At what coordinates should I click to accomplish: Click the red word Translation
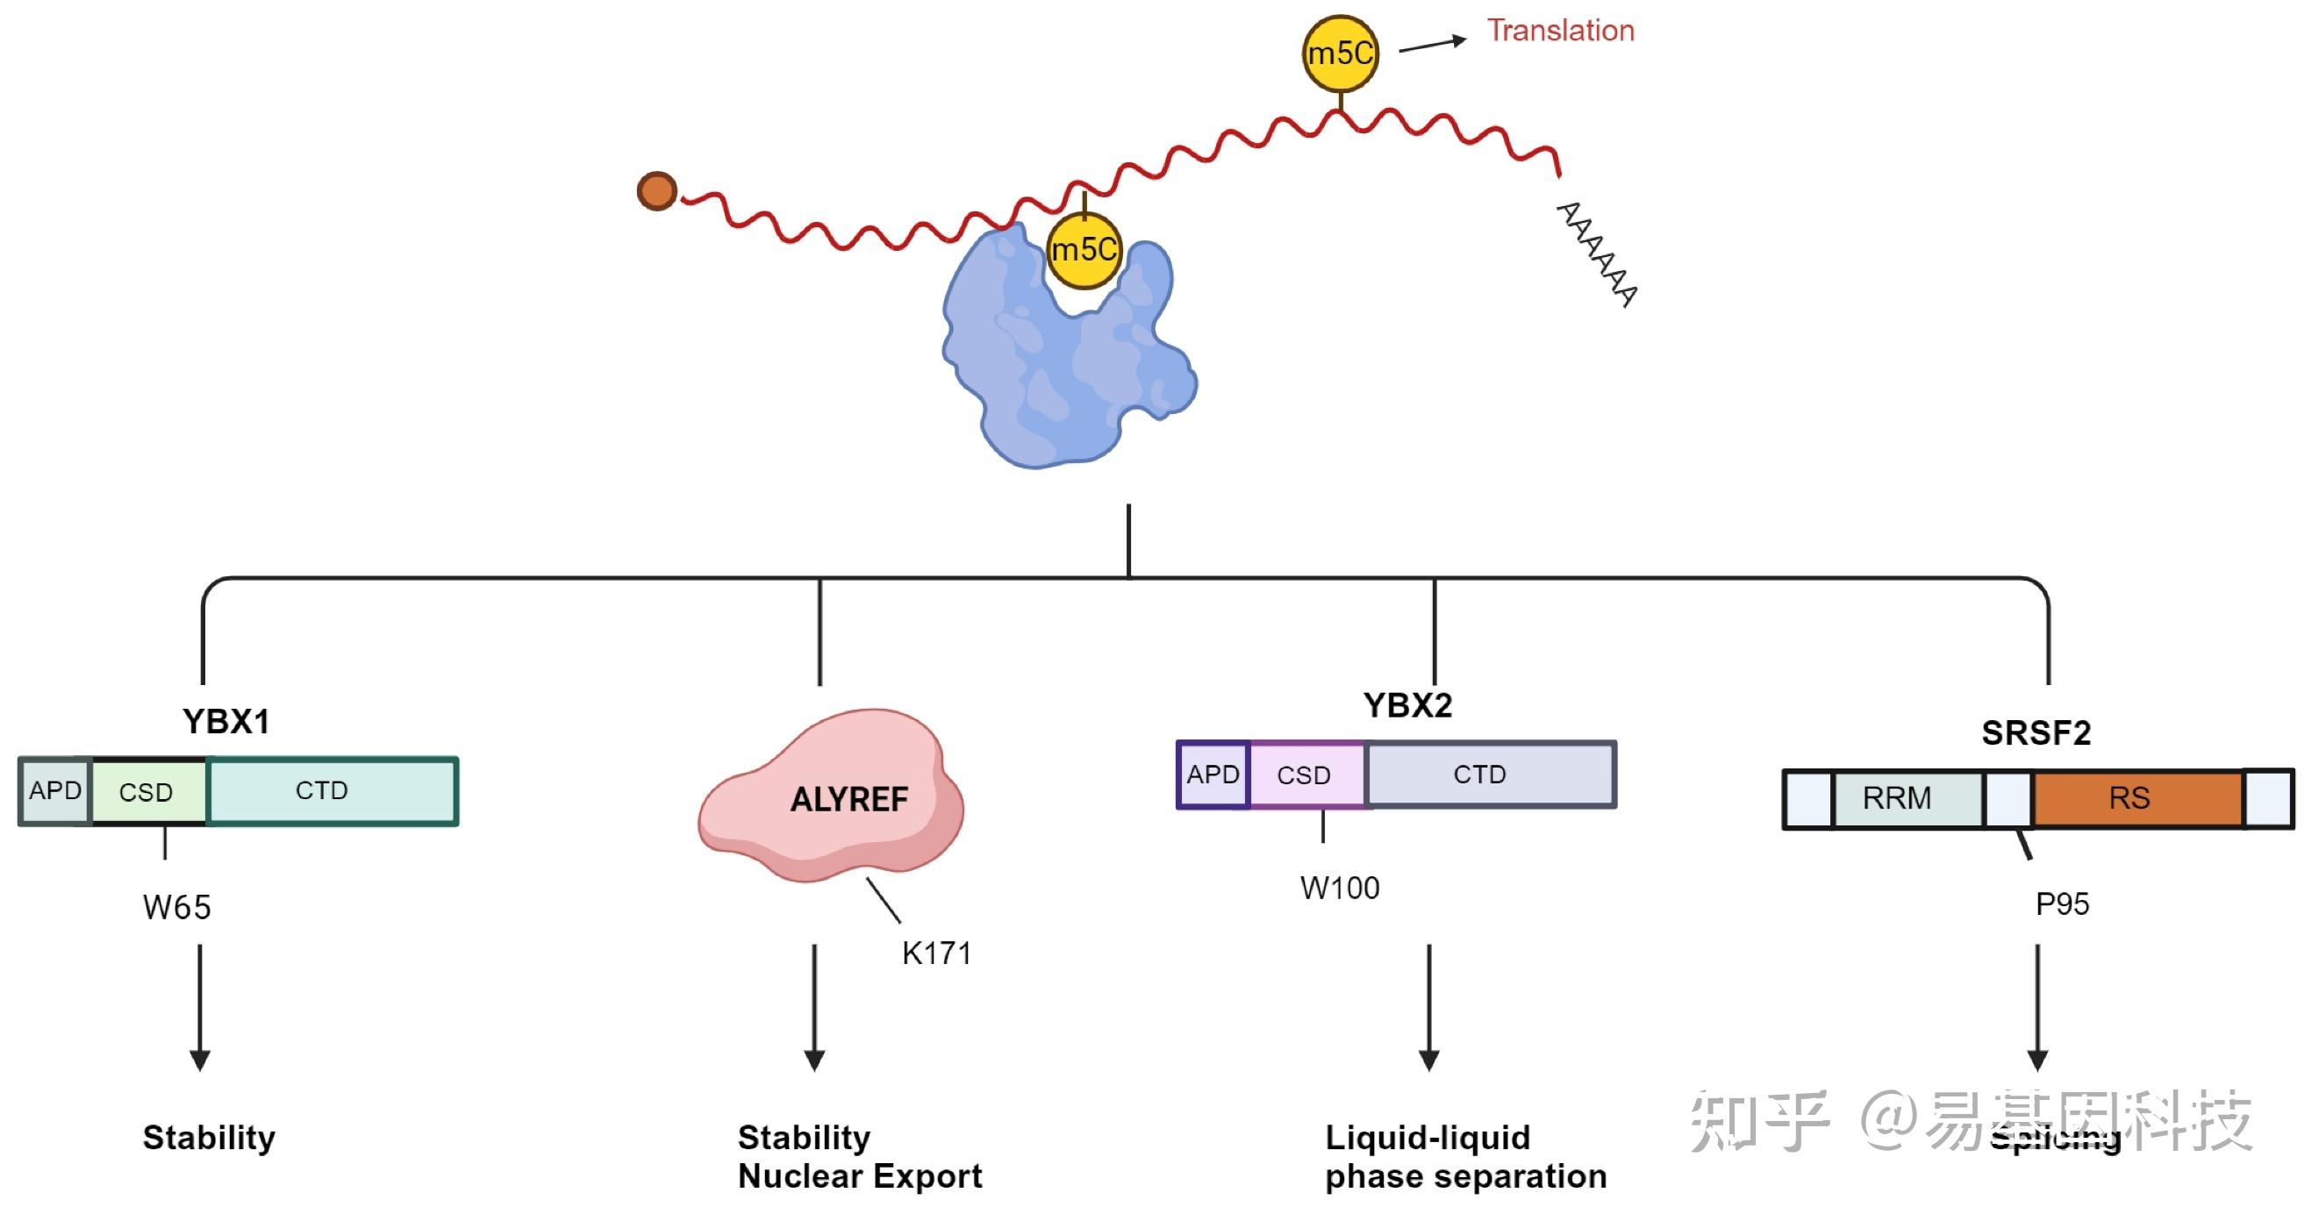(x=1560, y=31)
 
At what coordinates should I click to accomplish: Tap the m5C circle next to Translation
(x=1340, y=53)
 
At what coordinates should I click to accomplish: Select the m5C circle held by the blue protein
(x=1084, y=249)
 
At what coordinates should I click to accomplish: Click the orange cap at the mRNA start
(x=657, y=191)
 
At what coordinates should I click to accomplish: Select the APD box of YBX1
(x=54, y=790)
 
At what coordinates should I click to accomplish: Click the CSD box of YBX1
(x=147, y=791)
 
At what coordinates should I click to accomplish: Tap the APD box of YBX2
(x=1213, y=775)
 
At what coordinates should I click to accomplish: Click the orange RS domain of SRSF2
(x=2137, y=797)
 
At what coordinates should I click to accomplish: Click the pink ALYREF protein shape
(x=834, y=798)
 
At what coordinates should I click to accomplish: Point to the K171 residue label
(x=936, y=953)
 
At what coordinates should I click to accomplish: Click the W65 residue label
(x=177, y=907)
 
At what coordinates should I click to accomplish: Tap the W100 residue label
(x=1339, y=889)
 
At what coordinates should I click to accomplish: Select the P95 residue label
(x=2062, y=903)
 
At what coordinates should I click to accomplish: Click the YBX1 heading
(x=226, y=721)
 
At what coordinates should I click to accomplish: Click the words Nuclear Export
(x=860, y=1175)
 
